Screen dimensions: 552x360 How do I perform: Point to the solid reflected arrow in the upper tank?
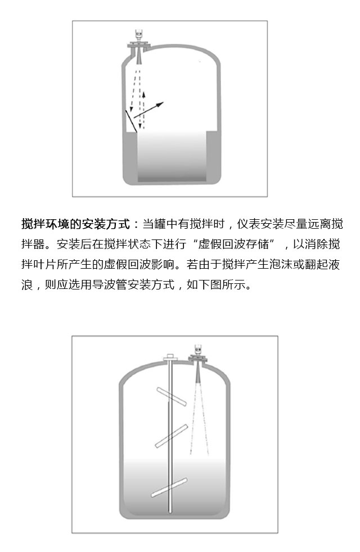point(150,110)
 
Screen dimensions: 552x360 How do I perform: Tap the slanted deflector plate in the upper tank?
point(130,120)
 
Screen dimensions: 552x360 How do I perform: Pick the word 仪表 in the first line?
point(247,224)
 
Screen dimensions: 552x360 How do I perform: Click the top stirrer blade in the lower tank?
point(171,396)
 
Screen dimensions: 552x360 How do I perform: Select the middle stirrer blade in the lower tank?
point(171,436)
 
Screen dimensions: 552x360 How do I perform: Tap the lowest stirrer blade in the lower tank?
point(169,487)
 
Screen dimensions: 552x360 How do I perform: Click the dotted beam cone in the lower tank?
point(198,416)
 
